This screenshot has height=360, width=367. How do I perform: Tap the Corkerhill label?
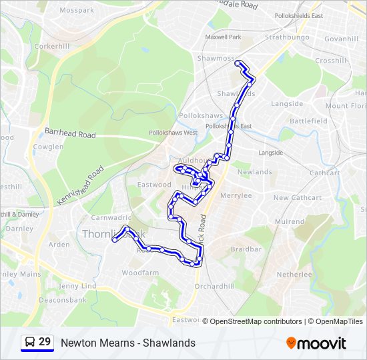[51, 47]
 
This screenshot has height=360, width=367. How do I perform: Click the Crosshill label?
[331, 61]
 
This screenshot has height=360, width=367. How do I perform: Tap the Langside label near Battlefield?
[287, 104]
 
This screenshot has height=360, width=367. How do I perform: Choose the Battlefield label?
[308, 121]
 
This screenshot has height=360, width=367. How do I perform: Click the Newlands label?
[255, 172]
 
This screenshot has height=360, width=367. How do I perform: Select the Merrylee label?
[236, 196]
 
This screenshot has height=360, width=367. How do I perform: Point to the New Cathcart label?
[298, 198]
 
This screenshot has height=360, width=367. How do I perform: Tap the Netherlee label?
[294, 275]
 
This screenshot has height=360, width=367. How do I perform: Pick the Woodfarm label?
[140, 273]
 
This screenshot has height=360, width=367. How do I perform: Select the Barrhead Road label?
[70, 133]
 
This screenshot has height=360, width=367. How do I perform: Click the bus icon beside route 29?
[30, 343]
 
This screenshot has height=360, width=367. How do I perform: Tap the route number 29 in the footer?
[45, 342]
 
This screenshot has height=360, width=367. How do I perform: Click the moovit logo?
[316, 343]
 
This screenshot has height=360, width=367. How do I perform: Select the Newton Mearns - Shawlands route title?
[128, 343]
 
